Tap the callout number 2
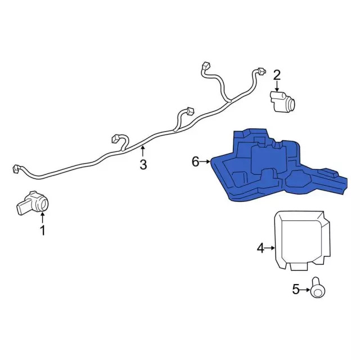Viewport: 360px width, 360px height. coord(277,74)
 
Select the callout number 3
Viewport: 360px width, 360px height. coord(143,164)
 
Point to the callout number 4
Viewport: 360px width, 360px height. coord(260,247)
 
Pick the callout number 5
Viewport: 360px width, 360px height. coord(296,290)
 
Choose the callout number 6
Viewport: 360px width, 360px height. coord(195,162)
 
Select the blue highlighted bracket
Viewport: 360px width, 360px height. coord(270,166)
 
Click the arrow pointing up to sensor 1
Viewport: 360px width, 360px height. coord(42,217)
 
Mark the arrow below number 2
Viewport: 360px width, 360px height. coord(277,85)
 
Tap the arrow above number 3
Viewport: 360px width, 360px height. coord(143,151)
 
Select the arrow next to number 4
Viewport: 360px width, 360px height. coord(270,247)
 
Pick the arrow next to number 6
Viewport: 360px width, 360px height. coord(205,162)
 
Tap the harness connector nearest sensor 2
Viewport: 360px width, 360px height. coord(260,71)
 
